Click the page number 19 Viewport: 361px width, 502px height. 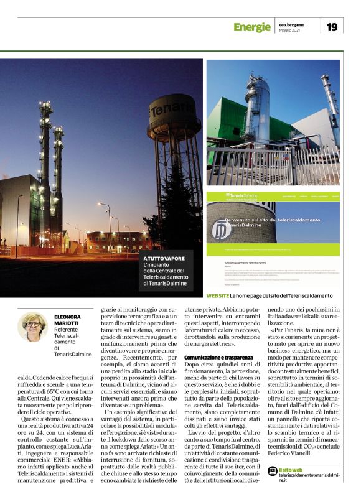[332, 26]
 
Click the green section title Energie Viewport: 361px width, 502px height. [251, 27]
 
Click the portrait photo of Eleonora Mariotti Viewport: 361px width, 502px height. [32, 327]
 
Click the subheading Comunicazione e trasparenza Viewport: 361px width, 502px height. [218, 356]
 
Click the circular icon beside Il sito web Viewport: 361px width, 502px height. [272, 470]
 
